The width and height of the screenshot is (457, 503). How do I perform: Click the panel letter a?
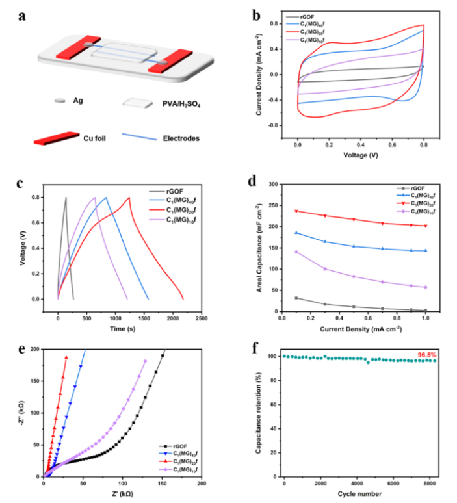tap(22, 14)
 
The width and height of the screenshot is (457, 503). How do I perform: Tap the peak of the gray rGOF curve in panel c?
tap(66, 198)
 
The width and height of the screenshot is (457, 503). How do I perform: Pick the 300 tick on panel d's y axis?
tap(274, 184)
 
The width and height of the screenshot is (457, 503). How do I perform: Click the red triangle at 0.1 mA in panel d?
tap(296, 211)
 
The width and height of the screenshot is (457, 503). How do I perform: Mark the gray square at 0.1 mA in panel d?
tap(296, 298)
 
